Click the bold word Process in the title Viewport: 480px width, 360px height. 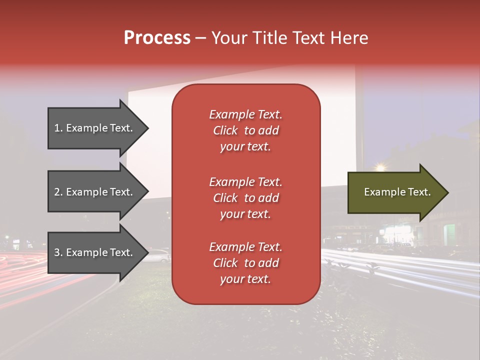(157, 38)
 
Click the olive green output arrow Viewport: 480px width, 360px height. (395, 192)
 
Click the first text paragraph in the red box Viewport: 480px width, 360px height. (245, 130)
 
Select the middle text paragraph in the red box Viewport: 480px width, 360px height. (245, 198)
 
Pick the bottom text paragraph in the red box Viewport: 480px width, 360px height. (245, 263)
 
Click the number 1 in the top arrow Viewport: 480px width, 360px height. (56, 128)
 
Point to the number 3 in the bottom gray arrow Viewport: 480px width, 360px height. (57, 253)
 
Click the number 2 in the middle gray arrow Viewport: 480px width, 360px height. (57, 192)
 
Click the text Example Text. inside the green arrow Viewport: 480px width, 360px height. (397, 192)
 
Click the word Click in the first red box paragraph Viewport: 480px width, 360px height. (225, 130)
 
